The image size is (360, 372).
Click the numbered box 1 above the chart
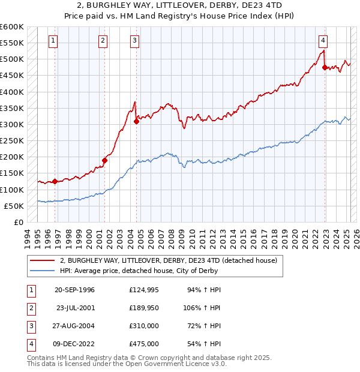tap(53, 41)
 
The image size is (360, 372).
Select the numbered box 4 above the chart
tap(323, 41)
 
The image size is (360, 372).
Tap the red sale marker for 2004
tap(136, 121)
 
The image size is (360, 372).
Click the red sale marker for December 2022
tap(325, 68)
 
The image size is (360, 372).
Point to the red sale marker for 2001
tap(104, 160)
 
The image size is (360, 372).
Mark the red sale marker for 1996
tap(55, 181)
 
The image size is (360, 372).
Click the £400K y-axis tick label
tap(11, 92)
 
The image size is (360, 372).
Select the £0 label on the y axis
tap(18, 222)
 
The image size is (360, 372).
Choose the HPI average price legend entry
tap(139, 271)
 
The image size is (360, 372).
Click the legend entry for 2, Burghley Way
tap(168, 260)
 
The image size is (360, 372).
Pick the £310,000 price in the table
tap(144, 327)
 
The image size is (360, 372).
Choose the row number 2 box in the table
tap(29, 308)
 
